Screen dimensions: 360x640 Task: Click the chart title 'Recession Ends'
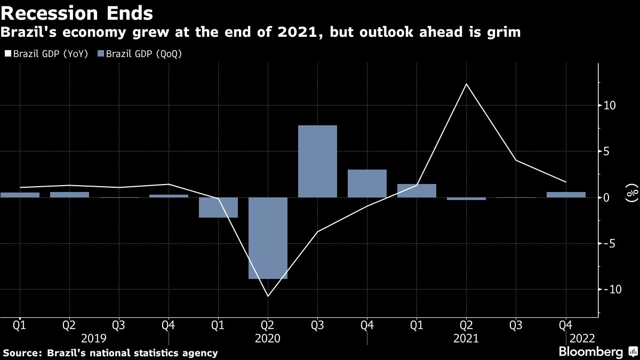point(78,12)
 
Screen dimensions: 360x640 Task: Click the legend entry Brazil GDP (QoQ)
point(140,54)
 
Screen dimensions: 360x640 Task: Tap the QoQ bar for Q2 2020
point(268,238)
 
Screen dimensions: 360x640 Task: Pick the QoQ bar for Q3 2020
point(317,161)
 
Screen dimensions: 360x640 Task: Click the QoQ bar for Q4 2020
point(367,183)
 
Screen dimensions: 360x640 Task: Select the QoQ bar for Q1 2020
point(218,207)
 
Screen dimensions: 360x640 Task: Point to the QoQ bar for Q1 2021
point(417,190)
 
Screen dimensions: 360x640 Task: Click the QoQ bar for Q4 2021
point(566,195)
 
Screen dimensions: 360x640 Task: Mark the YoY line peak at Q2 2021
point(466,84)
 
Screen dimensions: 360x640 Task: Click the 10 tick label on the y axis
point(610,106)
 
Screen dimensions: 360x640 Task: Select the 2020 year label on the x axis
point(268,338)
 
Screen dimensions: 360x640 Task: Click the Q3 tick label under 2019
point(119,324)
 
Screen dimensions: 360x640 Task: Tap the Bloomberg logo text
point(590,352)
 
